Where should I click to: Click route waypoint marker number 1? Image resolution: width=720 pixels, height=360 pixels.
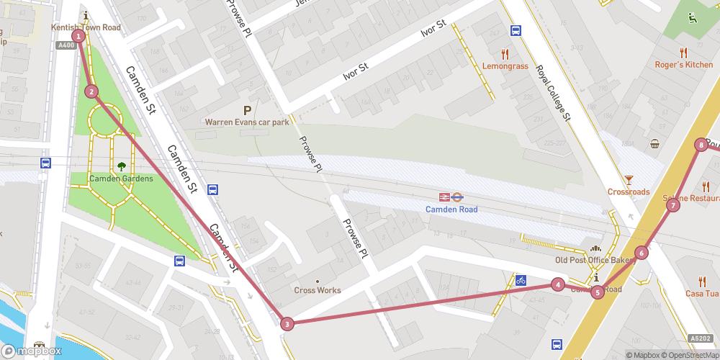click(78, 36)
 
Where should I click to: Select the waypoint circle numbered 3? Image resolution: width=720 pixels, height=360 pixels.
click(287, 324)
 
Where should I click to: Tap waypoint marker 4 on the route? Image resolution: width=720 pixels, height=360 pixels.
click(557, 284)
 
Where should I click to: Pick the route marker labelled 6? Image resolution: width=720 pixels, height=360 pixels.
click(641, 253)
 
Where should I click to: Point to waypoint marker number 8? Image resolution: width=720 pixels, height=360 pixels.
click(701, 145)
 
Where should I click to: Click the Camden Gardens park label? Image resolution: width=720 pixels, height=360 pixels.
click(121, 178)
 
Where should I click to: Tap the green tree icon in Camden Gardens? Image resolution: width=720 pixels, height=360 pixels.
click(121, 165)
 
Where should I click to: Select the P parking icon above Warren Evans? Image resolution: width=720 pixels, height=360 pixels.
click(247, 110)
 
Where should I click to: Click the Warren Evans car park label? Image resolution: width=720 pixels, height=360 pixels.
click(247, 122)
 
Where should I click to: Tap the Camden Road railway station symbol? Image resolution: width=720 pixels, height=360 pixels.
click(451, 197)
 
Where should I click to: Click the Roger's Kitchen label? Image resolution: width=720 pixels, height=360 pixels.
click(683, 65)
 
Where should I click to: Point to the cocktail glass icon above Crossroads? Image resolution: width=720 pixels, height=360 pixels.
click(629, 179)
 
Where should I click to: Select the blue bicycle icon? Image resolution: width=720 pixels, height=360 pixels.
click(521, 280)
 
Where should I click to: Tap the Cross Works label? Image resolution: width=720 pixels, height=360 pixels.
click(318, 291)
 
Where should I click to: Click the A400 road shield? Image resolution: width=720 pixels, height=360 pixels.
click(66, 45)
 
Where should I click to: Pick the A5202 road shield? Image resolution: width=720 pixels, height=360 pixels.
click(700, 338)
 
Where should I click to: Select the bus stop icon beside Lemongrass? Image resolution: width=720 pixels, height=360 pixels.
click(516, 31)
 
